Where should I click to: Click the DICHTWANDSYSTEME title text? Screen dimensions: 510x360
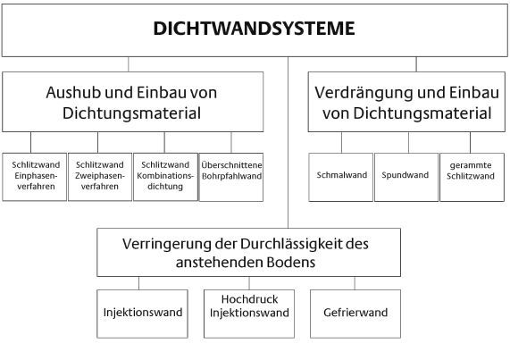(254, 29)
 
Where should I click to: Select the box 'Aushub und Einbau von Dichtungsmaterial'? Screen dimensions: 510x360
(133, 102)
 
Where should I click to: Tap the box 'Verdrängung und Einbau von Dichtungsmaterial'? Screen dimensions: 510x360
(406, 102)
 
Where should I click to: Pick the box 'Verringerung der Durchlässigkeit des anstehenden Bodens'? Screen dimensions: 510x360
(249, 253)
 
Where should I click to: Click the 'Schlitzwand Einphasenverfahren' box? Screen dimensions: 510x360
(35, 177)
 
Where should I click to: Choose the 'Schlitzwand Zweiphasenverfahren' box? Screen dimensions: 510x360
(100, 177)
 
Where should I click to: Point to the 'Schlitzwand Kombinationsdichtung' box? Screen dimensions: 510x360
(165, 177)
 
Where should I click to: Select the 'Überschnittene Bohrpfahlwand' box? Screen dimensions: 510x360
(231, 177)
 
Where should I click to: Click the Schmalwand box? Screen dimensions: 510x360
(341, 177)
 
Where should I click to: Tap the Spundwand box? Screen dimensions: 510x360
(406, 177)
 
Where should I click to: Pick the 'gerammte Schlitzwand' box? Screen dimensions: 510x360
(472, 177)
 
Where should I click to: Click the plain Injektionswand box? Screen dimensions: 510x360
(143, 314)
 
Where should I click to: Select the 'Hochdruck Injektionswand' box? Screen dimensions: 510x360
(249, 314)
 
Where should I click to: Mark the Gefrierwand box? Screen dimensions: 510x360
(355, 314)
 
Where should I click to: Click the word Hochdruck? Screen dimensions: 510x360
(249, 299)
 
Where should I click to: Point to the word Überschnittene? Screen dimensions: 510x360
(231, 165)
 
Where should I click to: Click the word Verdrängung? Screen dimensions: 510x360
(364, 93)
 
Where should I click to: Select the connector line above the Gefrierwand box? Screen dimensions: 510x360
(355, 283)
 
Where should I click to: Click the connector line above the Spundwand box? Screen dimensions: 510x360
(409, 142)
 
